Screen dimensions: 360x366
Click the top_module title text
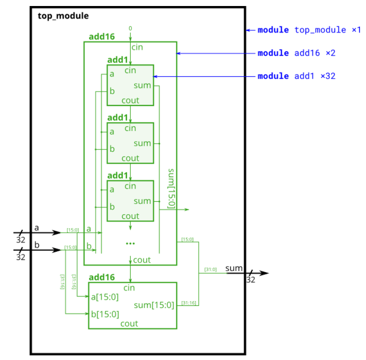63,16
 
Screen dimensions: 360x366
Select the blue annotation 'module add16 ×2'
296,53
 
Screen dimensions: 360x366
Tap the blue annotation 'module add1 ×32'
296,76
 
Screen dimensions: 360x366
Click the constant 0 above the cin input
130,29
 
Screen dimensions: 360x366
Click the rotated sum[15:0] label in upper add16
170,188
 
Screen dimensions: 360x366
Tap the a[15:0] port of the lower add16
105,297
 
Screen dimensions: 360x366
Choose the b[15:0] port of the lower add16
105,314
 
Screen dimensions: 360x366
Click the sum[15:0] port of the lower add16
154,305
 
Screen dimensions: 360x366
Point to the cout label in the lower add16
129,323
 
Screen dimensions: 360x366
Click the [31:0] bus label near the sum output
210,269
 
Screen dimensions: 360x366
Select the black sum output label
234,268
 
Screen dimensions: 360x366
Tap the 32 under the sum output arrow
250,280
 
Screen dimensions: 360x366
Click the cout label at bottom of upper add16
141,260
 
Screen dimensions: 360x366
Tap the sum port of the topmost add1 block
142,86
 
